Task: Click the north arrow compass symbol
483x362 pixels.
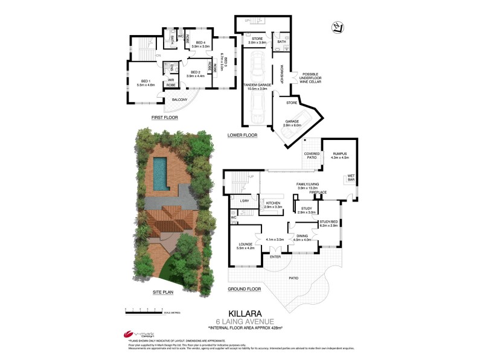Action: (x=337, y=27)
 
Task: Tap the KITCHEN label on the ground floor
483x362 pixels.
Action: (x=273, y=204)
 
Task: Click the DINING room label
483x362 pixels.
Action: (x=302, y=237)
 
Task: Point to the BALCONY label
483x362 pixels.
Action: (x=179, y=100)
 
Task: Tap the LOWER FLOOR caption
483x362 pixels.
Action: (x=243, y=135)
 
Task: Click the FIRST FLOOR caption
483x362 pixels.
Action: (x=164, y=118)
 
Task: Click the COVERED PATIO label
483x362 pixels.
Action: (x=312, y=156)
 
